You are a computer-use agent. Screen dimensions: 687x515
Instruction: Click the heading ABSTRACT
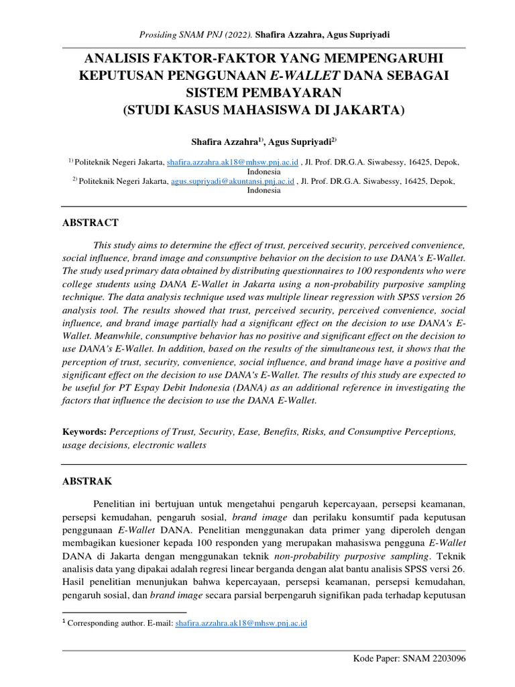point(90,223)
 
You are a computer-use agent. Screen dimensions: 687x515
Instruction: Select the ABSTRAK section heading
point(87,482)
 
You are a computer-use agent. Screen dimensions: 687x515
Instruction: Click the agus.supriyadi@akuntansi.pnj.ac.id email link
point(233,181)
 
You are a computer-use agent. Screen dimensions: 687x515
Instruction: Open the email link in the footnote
point(241,623)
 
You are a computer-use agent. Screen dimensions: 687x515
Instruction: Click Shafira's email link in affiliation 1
point(231,162)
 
